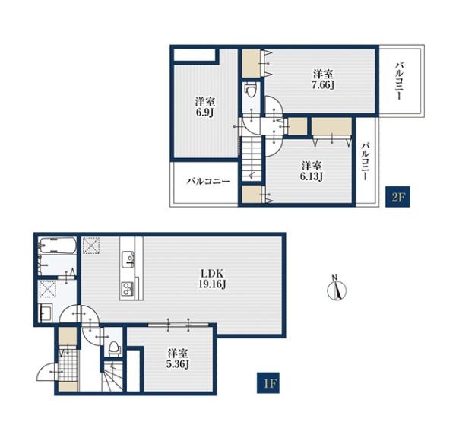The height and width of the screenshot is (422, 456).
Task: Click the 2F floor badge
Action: click(397, 196)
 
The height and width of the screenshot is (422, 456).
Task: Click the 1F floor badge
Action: click(268, 382)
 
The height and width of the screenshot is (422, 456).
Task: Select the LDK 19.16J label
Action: click(212, 278)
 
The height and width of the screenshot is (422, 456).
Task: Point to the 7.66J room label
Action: click(323, 79)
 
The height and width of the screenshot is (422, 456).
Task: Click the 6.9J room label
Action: click(205, 106)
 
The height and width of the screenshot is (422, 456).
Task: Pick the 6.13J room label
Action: click(311, 171)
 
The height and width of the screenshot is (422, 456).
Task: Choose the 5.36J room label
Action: click(178, 358)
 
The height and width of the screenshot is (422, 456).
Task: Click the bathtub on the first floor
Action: click(57, 246)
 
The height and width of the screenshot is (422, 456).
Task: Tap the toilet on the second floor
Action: click(251, 89)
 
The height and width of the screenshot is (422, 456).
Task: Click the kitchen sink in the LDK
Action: click(128, 259)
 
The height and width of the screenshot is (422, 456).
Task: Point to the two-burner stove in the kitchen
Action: click(127, 288)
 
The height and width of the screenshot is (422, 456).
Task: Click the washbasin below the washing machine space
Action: click(45, 313)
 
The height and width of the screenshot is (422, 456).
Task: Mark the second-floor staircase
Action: click(252, 160)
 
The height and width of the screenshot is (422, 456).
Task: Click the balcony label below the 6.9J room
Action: click(208, 182)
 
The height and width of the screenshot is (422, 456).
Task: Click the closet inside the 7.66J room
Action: click(252, 63)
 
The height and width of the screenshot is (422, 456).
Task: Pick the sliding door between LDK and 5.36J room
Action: click(179, 324)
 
